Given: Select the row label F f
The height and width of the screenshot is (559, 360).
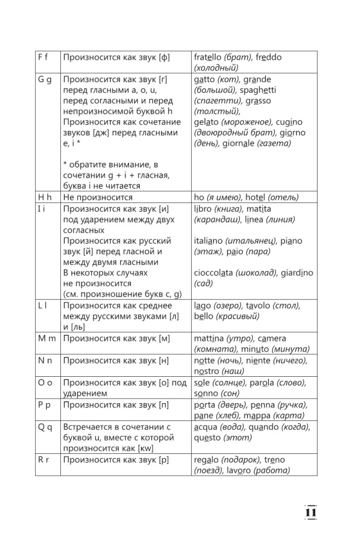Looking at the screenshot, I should (44, 57).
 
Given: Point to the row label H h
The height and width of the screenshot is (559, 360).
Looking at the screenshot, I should (45, 197).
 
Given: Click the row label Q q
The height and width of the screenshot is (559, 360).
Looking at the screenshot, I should (45, 427).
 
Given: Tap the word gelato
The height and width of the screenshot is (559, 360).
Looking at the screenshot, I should (206, 122).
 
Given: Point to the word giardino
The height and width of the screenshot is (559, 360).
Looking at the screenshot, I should (297, 273).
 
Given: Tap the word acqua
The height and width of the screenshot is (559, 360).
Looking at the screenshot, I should (206, 427).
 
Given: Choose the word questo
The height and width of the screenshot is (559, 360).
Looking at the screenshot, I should (207, 438).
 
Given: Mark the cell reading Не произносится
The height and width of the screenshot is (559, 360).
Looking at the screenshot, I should (98, 197).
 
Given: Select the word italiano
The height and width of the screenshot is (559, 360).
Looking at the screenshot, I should (210, 241).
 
